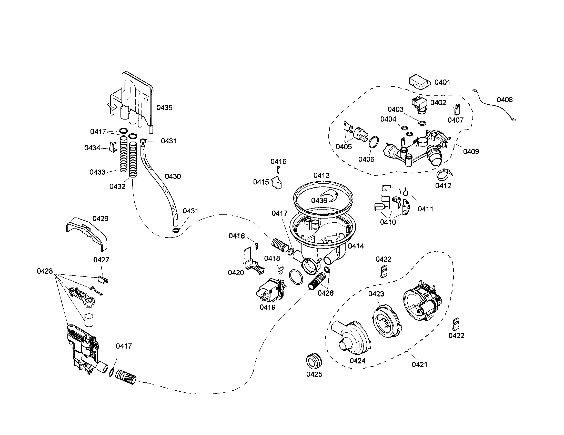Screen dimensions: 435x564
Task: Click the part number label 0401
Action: [442, 82]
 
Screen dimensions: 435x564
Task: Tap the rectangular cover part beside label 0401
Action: [419, 82]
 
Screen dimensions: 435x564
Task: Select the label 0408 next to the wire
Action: [505, 100]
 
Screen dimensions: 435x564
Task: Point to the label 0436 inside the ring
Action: [319, 201]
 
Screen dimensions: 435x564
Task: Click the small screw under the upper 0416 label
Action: [278, 170]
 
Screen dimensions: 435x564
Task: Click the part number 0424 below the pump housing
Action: [357, 361]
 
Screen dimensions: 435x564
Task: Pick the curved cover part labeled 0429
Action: [86, 233]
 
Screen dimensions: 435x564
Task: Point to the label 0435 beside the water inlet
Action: [164, 107]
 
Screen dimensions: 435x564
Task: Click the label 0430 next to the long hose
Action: [173, 176]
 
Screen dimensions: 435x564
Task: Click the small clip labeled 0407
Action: [457, 110]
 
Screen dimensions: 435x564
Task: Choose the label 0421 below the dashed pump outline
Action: [419, 364]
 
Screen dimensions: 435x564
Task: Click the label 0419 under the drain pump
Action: [268, 307]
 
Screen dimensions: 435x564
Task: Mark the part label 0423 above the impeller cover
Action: [376, 294]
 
